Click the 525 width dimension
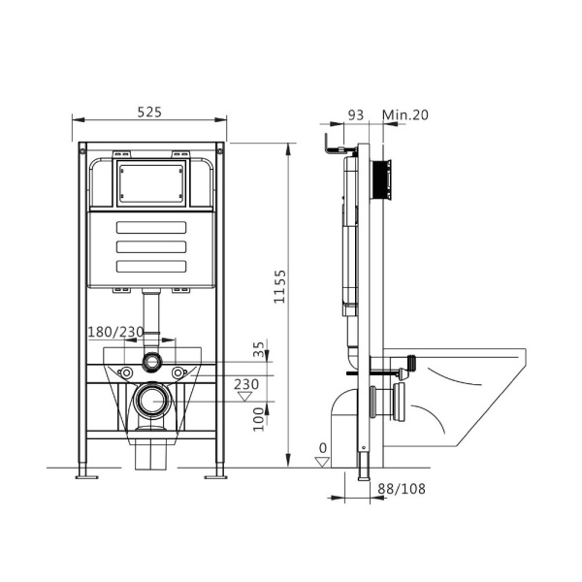click(148, 112)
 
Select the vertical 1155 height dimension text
click(279, 288)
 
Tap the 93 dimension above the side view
click(355, 114)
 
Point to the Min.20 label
click(405, 114)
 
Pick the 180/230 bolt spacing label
click(115, 332)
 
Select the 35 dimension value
click(258, 346)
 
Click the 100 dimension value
click(257, 420)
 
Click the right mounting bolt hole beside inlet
click(178, 372)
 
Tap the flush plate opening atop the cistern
click(149, 184)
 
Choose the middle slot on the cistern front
click(149, 247)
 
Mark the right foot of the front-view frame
click(214, 474)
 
